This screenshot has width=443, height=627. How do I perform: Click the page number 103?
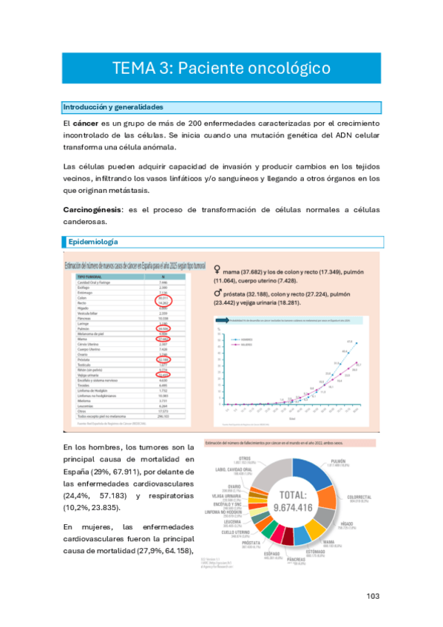pyautogui.click(x=373, y=596)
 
